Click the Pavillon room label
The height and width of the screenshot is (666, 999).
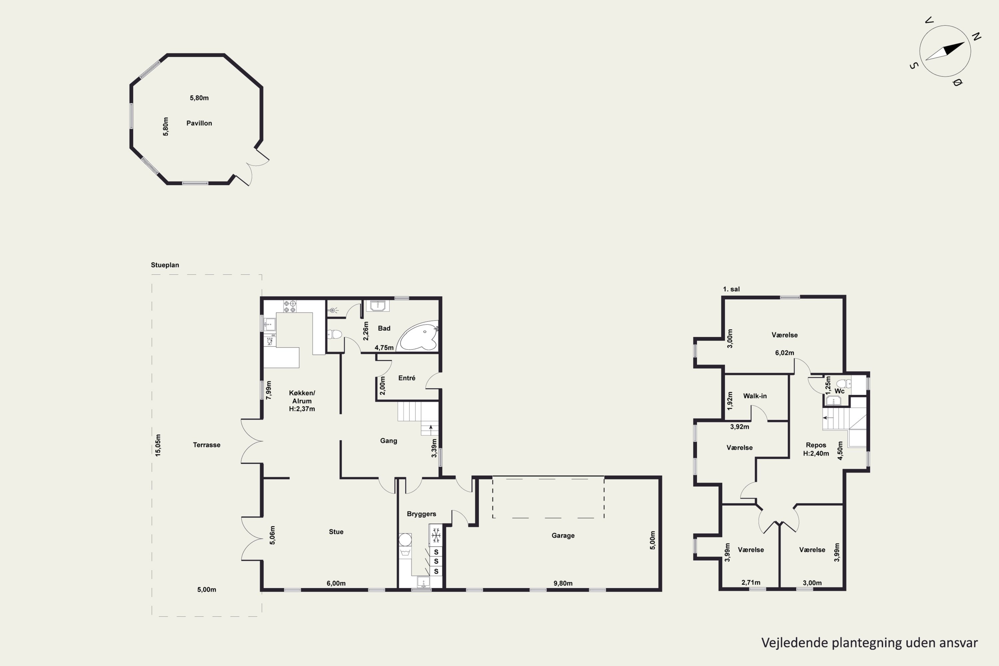click(199, 123)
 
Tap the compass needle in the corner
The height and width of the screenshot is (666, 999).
click(945, 51)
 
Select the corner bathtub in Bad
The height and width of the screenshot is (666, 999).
click(418, 336)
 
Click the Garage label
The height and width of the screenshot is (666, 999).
click(563, 535)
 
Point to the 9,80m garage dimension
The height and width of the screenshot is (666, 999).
click(563, 583)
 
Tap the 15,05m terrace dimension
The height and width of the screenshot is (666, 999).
click(158, 445)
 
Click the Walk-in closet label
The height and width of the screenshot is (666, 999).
click(755, 396)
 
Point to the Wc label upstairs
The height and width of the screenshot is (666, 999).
click(839, 391)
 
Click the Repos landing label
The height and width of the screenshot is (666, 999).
click(816, 445)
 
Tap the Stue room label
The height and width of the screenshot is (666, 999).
click(336, 532)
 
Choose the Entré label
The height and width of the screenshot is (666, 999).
click(407, 378)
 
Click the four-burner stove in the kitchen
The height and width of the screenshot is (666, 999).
click(290, 307)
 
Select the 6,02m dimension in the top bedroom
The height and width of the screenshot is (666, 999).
click(785, 353)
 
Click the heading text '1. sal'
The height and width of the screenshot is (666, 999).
click(731, 289)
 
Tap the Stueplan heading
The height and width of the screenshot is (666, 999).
click(165, 265)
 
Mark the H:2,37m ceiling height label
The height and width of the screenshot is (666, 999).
click(302, 409)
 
